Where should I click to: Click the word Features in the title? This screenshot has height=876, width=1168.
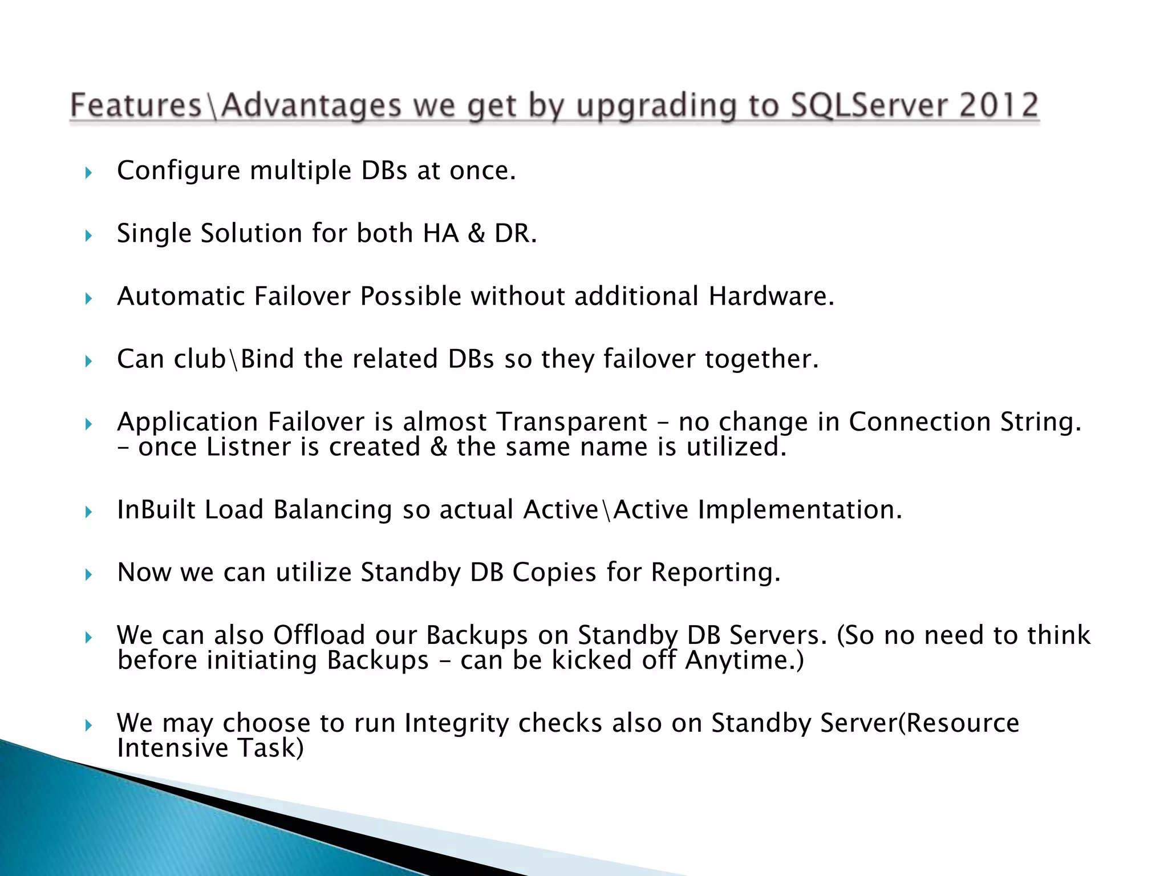(136, 106)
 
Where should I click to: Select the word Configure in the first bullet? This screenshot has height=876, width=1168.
(178, 171)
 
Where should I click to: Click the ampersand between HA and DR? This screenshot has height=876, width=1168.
(476, 233)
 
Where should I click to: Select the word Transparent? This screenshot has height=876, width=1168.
(571, 422)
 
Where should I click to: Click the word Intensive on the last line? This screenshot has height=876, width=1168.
(173, 748)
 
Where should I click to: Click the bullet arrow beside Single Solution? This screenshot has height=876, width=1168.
(88, 235)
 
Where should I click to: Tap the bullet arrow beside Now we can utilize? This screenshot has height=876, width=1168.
(88, 574)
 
